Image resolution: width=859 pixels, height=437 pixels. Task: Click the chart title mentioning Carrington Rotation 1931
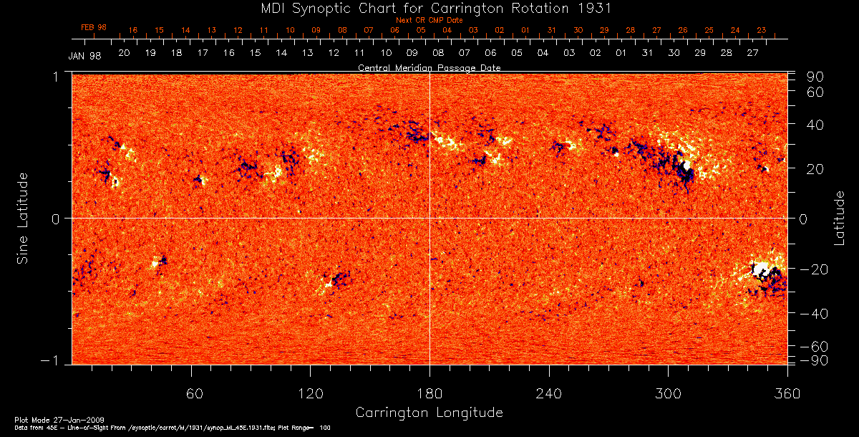pyautogui.click(x=429, y=9)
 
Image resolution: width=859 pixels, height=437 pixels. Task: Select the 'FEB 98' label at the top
pyautogui.click(x=94, y=27)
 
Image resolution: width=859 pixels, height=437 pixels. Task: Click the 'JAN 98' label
pyautogui.click(x=84, y=56)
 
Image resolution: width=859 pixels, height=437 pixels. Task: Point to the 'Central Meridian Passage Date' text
pyautogui.click(x=429, y=68)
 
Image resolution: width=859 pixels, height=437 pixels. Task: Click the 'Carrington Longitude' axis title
pyautogui.click(x=429, y=413)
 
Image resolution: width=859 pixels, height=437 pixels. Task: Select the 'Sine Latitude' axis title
pyautogui.click(x=23, y=218)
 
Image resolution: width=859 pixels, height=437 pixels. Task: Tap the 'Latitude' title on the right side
pyautogui.click(x=839, y=218)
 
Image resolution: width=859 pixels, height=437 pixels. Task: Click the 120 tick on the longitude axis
pyautogui.click(x=310, y=393)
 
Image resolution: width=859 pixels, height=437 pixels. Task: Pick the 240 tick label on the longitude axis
pyautogui.click(x=548, y=393)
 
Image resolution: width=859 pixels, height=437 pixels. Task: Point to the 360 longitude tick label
pyautogui.click(x=787, y=393)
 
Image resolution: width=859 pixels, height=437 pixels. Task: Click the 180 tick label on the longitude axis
pyautogui.click(x=429, y=393)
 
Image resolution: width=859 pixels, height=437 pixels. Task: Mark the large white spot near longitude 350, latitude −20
pyautogui.click(x=761, y=269)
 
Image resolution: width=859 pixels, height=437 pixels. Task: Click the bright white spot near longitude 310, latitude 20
pyautogui.click(x=686, y=166)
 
